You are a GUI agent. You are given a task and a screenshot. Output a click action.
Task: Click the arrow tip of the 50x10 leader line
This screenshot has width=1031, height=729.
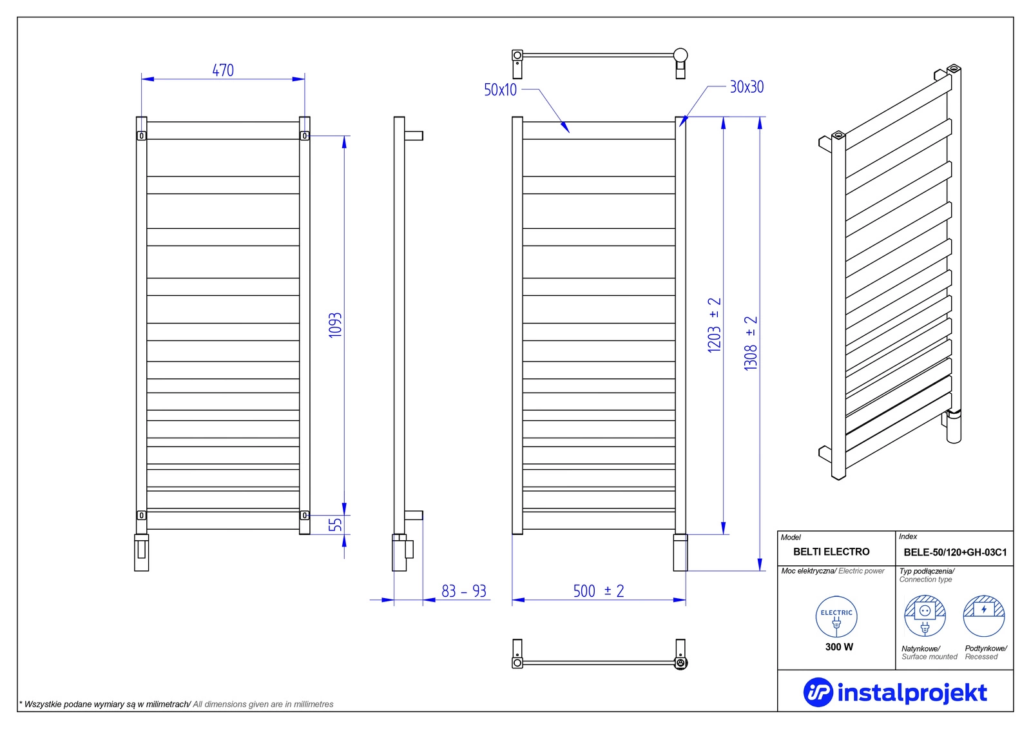570,133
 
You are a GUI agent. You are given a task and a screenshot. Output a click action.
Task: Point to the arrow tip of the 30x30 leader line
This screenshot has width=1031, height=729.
680,126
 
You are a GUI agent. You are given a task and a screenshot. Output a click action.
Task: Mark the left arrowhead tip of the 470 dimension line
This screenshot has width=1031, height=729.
142,79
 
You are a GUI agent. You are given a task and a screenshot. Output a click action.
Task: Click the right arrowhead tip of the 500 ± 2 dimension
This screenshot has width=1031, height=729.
686,599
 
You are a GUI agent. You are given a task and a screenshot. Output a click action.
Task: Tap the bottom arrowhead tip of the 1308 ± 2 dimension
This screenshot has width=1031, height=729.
760,570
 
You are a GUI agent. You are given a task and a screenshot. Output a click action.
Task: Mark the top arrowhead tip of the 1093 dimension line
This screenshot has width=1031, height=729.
344,136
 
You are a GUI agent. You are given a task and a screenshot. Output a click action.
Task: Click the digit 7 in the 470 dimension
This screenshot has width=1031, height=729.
223,70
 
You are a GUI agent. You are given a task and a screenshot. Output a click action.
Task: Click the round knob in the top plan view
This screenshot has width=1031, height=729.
680,55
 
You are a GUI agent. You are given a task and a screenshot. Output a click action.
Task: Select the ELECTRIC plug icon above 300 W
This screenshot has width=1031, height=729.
836,617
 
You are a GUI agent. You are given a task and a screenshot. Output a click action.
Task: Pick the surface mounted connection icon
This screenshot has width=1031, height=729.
925,616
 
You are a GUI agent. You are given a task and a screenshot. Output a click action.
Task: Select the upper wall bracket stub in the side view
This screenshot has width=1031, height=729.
413,136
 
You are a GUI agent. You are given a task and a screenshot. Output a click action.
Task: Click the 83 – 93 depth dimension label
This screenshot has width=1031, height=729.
464,591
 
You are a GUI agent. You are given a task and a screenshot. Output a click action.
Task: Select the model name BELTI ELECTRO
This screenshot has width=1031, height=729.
831,552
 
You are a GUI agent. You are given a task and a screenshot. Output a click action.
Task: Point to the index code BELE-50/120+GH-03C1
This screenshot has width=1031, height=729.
955,552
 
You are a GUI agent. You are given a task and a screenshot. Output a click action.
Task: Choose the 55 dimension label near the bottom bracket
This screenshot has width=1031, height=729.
336,525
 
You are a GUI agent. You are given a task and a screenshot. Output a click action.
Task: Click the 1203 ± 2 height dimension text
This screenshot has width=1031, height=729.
714,325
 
